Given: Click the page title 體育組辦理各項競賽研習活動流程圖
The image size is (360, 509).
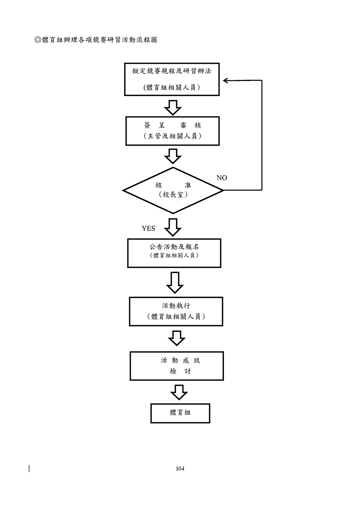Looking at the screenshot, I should (96, 40).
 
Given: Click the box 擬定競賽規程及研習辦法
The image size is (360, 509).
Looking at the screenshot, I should (172, 79).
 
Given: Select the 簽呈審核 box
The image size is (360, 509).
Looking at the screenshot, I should (172, 131).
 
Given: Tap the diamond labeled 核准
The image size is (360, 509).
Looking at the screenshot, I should (173, 190).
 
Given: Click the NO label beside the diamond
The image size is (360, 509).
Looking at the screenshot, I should (222, 178).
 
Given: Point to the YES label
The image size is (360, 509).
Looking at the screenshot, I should (148, 228).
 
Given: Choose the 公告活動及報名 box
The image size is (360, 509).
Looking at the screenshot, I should (174, 253).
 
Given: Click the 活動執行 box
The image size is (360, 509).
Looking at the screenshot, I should (176, 312).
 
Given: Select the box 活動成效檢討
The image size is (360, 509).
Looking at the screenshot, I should (176, 366).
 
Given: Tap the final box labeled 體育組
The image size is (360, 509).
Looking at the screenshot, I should (180, 413).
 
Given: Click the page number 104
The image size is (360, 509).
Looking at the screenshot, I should (180, 468).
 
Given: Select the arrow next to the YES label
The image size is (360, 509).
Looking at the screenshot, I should (173, 227).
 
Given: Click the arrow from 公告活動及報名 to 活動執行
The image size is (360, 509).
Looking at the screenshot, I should (175, 282).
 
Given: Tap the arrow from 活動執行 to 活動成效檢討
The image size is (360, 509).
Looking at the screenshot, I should (176, 338).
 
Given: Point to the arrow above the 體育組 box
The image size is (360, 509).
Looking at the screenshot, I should (179, 392).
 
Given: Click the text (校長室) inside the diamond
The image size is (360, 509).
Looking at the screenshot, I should (173, 195).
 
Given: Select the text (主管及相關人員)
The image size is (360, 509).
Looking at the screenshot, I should (172, 136).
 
